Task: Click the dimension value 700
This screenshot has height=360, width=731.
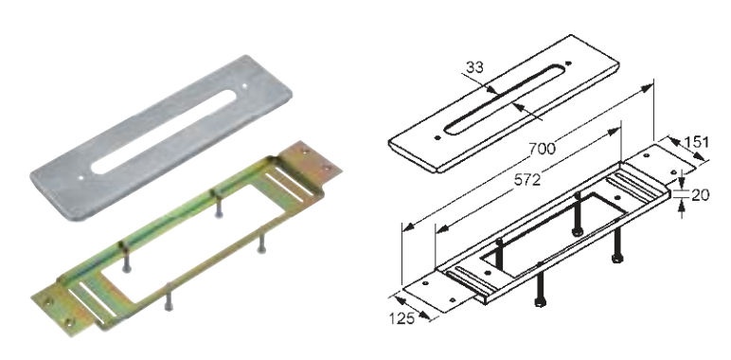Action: coord(543,149)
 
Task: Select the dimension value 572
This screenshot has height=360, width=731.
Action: coord(527,180)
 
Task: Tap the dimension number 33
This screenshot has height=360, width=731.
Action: coord(473,67)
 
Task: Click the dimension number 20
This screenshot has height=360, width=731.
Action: coord(700,195)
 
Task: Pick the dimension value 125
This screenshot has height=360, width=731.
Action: coord(401,318)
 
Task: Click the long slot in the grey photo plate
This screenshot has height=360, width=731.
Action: coord(164,132)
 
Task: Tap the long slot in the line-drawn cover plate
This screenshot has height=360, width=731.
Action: coord(505,99)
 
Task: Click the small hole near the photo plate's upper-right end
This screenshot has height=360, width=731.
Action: coord(244,86)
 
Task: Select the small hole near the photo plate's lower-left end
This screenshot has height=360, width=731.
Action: coord(81,177)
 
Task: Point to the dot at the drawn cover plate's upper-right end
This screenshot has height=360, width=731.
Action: coord(568,63)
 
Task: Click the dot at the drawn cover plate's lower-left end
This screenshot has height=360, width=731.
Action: coord(437,137)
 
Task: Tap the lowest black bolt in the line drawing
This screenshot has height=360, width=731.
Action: coord(540,283)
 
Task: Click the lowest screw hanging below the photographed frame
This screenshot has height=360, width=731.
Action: coord(169,297)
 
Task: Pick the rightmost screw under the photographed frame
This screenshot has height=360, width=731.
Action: coord(262,242)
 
